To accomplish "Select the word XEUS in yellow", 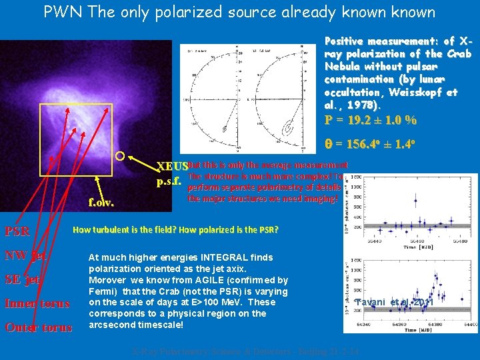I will pos(171,166).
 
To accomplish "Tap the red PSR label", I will pos(17,232).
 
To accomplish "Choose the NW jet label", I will pos(25,255).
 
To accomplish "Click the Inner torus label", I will pos(37,303).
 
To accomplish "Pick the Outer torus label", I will pos(39,327).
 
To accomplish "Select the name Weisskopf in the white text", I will pos(423,92).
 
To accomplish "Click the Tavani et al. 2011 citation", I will pos(395,303).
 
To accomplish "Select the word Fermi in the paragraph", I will pos(103,291).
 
